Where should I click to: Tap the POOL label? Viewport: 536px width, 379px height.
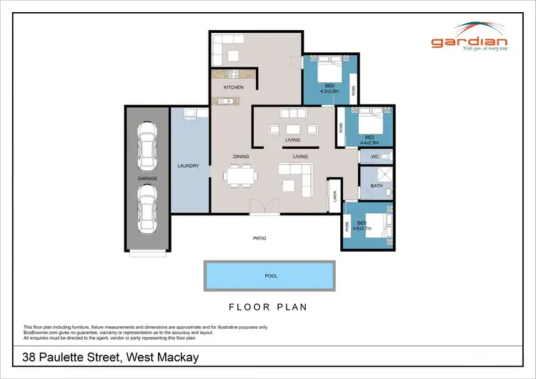tap(271, 275)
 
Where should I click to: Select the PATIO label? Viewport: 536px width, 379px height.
tap(259, 238)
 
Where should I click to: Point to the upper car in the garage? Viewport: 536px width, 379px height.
tap(147, 143)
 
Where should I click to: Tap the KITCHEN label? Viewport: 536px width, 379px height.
tap(234, 87)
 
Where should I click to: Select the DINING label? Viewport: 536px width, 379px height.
tap(240, 156)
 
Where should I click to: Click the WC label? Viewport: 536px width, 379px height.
tap(374, 156)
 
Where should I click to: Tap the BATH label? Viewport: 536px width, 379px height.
tap(376, 186)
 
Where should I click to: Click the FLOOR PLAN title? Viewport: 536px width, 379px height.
tap(268, 307)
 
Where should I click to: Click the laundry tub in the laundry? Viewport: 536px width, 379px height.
tap(191, 113)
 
